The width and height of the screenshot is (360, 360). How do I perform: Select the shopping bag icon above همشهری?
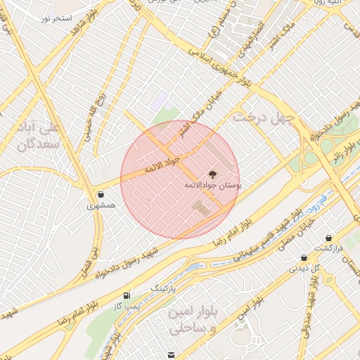tap(102, 195)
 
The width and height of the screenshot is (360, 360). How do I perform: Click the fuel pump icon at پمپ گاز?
tap(127, 295)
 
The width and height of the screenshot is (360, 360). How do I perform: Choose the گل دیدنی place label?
tap(305, 268)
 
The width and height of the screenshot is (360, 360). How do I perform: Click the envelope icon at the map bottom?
tap(172, 354)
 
